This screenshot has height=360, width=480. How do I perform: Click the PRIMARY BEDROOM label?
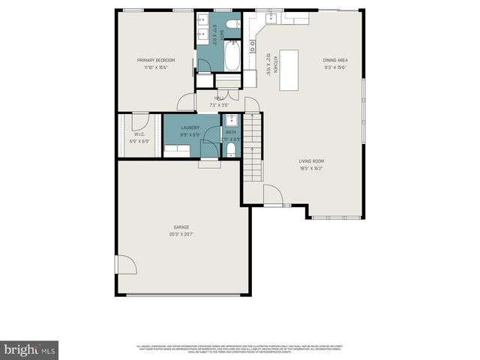155,60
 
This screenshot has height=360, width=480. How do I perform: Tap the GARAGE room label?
181,226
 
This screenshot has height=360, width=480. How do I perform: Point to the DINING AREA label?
335,60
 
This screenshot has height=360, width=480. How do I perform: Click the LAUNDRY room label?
190,127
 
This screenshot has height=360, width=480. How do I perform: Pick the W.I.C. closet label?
139,135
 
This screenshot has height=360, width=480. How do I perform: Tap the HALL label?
220,98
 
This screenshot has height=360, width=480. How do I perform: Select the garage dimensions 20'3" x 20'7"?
181,234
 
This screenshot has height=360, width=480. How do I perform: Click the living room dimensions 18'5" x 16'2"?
310,168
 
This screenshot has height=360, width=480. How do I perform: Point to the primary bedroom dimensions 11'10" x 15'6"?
155,67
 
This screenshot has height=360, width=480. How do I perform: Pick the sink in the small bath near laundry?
231,120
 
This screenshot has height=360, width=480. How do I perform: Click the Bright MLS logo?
30,350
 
